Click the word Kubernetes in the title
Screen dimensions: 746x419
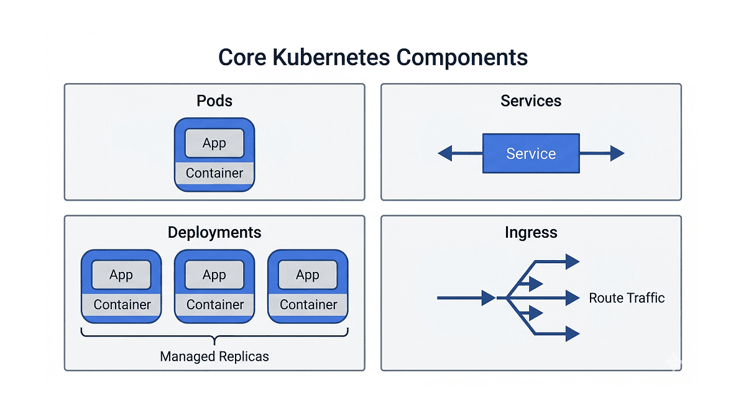(331, 57)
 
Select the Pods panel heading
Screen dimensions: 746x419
(214, 101)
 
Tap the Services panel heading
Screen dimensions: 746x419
(531, 101)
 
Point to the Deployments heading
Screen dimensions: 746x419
(214, 232)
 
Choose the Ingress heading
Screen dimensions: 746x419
(531, 232)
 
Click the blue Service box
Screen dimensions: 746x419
(531, 153)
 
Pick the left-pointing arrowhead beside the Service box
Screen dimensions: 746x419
(445, 153)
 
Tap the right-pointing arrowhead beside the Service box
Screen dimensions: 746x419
(617, 153)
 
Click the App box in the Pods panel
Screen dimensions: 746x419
(214, 143)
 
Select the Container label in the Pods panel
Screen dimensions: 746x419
(214, 173)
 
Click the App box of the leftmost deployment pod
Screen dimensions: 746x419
(121, 274)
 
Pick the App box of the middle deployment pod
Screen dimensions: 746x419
(214, 274)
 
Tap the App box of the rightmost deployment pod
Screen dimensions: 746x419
(308, 274)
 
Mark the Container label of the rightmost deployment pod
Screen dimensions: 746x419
(308, 305)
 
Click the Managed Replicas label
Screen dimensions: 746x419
(214, 356)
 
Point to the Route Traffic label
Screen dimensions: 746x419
(627, 298)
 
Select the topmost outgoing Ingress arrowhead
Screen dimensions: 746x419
(573, 262)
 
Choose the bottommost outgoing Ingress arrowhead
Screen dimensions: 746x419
(573, 334)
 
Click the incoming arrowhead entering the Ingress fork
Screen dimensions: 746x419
(489, 298)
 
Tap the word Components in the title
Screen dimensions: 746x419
(462, 58)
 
